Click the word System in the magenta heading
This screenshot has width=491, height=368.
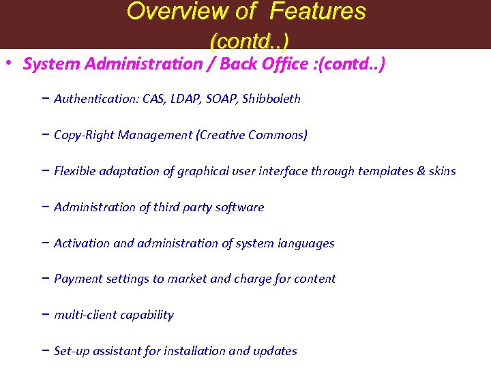pos(46,64)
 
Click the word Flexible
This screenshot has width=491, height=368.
pos(75,171)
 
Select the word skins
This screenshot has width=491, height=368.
pos(442,171)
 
